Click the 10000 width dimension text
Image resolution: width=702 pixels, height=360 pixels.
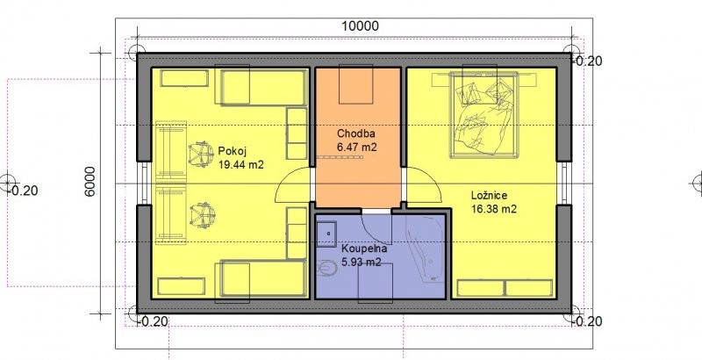point(360,26)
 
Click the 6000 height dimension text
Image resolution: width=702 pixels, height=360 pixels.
point(90,182)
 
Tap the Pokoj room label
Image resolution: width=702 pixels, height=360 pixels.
point(230,150)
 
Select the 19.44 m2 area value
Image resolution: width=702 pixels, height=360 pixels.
point(240,164)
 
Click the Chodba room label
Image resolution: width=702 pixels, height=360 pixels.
point(356,133)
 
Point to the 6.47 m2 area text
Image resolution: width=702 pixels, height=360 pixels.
point(356,147)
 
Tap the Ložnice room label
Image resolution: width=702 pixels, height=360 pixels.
point(489,196)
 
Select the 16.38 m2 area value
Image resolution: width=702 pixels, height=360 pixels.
point(494,209)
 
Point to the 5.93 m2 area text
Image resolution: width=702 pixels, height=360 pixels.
point(361,263)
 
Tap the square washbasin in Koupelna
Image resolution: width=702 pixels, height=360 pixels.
point(326,234)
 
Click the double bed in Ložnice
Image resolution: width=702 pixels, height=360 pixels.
point(484,115)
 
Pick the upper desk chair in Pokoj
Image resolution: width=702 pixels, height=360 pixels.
point(200,154)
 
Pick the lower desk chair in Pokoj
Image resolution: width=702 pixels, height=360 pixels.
point(203,215)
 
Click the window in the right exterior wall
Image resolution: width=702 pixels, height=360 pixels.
point(563,184)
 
